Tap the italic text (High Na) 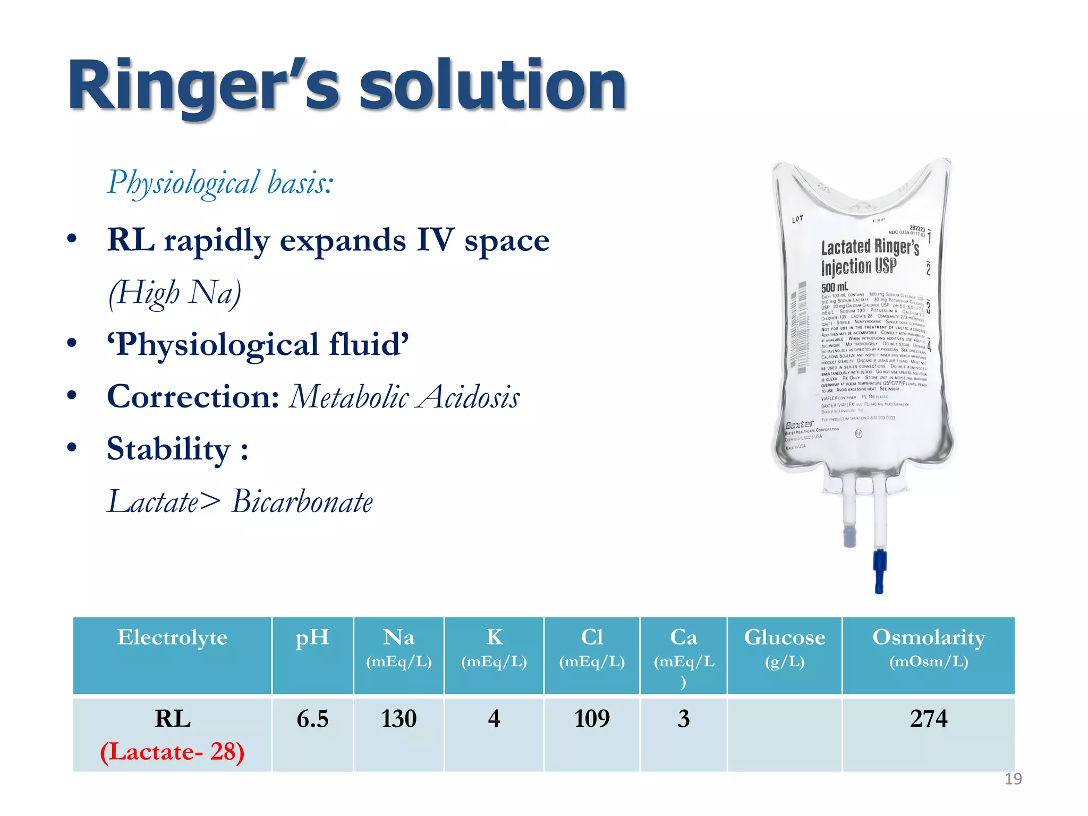tap(175, 293)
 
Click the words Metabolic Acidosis tap(404, 397)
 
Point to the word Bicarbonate tap(302, 501)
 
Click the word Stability tap(168, 449)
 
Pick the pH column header tap(312, 637)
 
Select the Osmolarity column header tap(929, 637)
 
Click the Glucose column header tap(785, 637)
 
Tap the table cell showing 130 tap(398, 719)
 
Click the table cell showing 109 tap(592, 719)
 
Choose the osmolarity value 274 tap(929, 719)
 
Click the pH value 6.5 tap(312, 719)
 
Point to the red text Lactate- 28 tap(172, 752)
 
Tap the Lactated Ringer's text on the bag tap(870, 247)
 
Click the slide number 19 tap(1013, 779)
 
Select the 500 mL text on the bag tap(835, 287)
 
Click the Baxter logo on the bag tap(800, 424)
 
